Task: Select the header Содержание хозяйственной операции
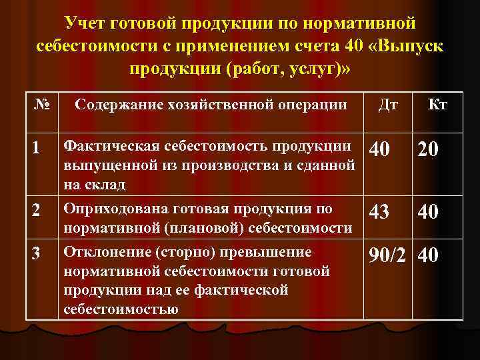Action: [x=211, y=105]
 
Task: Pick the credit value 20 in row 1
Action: [x=429, y=151]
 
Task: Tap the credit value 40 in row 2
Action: [x=429, y=211]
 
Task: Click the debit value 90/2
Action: [x=388, y=256]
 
